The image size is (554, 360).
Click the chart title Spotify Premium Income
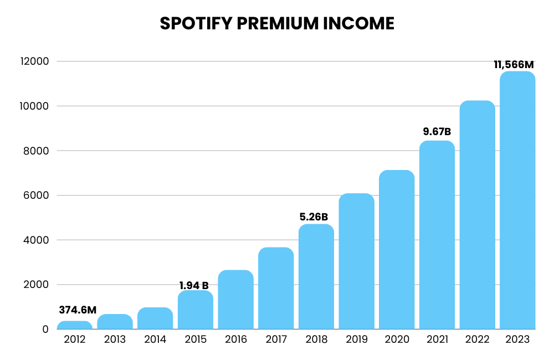coord(277,23)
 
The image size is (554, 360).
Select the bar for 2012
coord(75,325)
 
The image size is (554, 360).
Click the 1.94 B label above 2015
coord(194,286)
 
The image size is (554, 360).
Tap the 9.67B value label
coord(437,132)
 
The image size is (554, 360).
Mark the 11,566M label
coord(517,65)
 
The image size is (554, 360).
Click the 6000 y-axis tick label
coord(38,196)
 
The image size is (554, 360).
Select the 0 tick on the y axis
coord(45,330)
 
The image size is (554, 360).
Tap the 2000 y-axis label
coord(38,285)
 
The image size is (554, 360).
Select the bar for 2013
coord(115,322)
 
